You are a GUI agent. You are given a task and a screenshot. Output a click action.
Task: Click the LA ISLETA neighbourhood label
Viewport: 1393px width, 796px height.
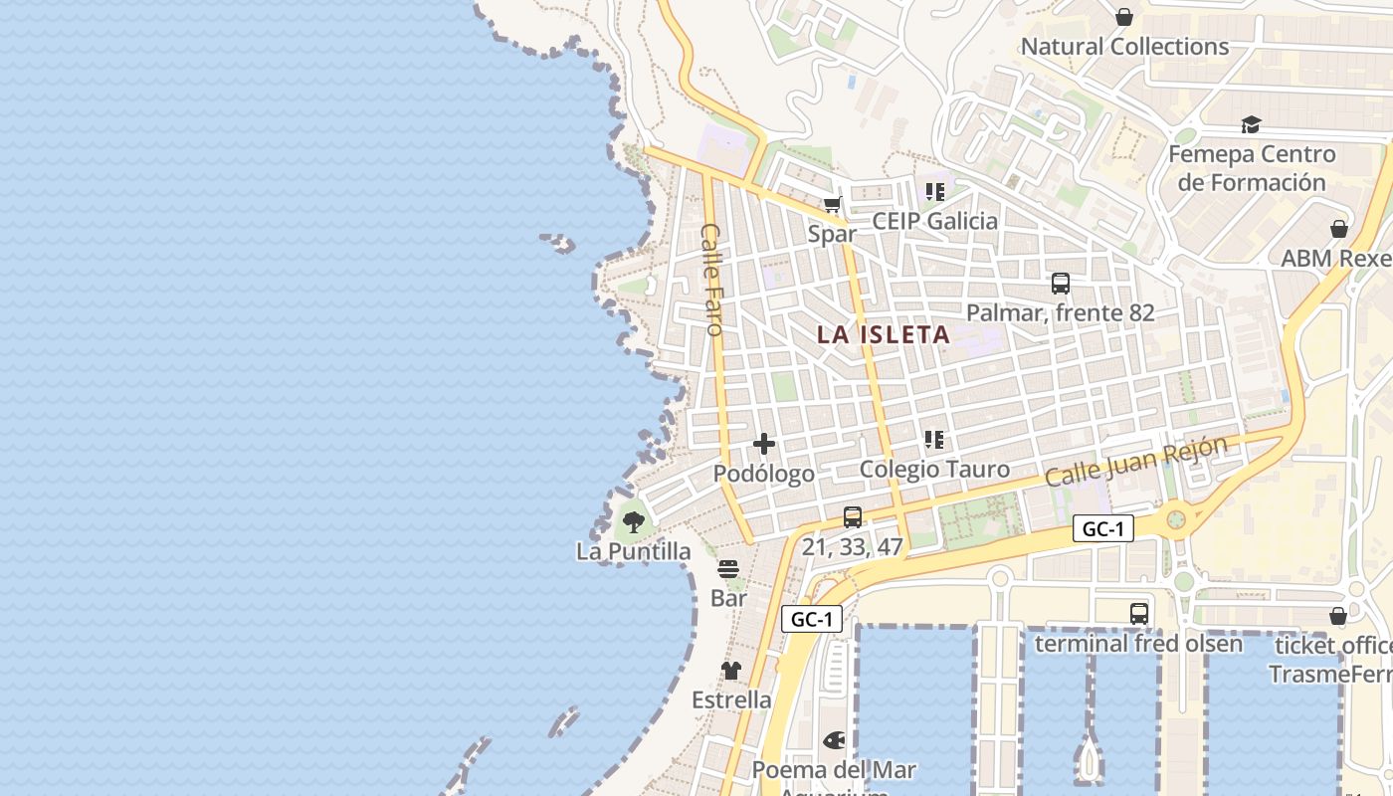point(884,335)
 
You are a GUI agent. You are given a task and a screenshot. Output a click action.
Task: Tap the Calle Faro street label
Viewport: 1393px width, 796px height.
point(712,279)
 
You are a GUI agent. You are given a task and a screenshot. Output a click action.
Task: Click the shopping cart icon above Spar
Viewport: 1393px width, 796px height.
point(832,205)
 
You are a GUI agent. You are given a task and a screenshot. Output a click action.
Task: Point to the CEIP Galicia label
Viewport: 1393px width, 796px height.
point(934,221)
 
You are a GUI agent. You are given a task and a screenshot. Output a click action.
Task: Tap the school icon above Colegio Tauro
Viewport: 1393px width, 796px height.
point(934,439)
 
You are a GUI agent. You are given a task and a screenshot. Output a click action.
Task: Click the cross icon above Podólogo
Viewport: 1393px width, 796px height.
point(764,444)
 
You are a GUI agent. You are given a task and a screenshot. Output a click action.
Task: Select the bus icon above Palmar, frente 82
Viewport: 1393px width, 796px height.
point(1061,284)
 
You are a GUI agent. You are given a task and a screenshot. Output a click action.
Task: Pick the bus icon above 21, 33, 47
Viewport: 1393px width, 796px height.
point(853,517)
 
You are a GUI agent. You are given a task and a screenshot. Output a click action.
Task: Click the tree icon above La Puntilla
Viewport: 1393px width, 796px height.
point(633,521)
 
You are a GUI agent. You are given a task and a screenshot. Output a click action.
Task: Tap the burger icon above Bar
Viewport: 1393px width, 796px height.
point(728,569)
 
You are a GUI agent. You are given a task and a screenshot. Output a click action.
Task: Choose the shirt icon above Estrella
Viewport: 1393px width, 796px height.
point(731,671)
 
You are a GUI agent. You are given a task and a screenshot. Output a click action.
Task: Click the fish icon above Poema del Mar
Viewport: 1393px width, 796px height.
point(834,740)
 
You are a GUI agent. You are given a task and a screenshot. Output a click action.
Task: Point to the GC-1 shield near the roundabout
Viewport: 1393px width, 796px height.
point(1103,528)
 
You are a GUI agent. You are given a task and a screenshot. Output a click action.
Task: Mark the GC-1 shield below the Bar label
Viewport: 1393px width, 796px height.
point(812,619)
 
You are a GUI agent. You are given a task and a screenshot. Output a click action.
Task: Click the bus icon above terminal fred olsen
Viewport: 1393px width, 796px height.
point(1139,614)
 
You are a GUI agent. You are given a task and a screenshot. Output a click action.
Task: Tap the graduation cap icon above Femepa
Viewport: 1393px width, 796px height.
point(1251,124)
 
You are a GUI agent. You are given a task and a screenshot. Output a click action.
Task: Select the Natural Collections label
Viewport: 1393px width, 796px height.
point(1124,47)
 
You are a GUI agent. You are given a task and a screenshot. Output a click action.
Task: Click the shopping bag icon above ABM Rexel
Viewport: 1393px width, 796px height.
point(1339,229)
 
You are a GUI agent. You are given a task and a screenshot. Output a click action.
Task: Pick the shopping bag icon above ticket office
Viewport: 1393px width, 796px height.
point(1338,616)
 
